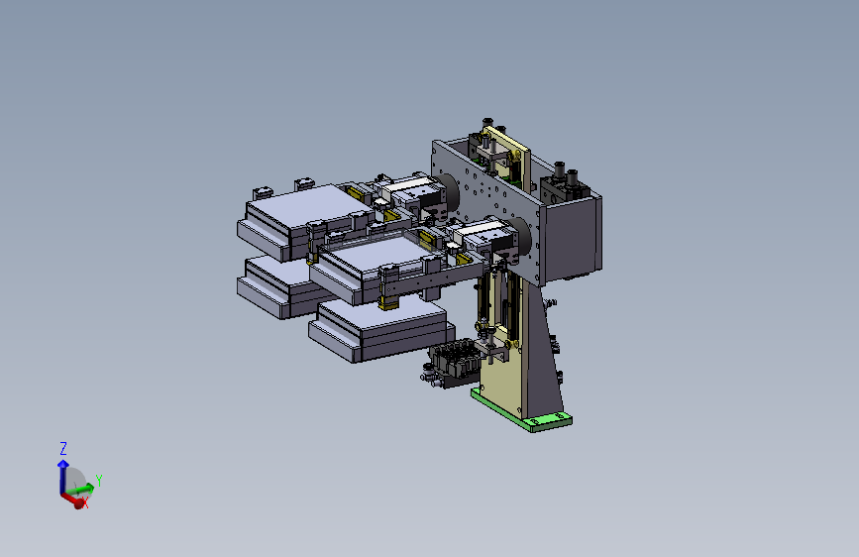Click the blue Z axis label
(x=63, y=448)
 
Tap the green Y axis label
(x=99, y=481)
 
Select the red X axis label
(x=85, y=502)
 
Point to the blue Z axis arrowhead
(x=63, y=465)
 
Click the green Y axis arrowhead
(x=88, y=487)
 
